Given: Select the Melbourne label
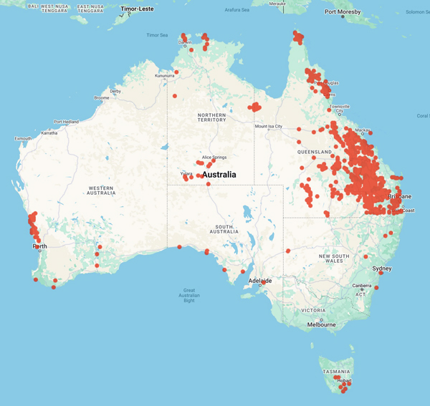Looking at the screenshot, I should tap(321, 324).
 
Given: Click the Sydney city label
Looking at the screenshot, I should tap(382, 269).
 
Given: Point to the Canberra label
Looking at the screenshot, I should tap(361, 286).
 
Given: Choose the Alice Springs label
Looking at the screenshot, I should tap(214, 157).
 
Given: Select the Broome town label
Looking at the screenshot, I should tap(102, 98).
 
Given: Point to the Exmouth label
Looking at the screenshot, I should tap(23, 138).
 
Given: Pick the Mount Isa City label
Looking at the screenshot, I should tap(269, 127).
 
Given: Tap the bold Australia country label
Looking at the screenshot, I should tap(225, 175).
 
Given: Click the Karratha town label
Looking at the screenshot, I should tap(49, 132).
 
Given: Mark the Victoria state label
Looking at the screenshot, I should tap(314, 310).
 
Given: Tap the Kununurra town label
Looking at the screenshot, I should tap(164, 75).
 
